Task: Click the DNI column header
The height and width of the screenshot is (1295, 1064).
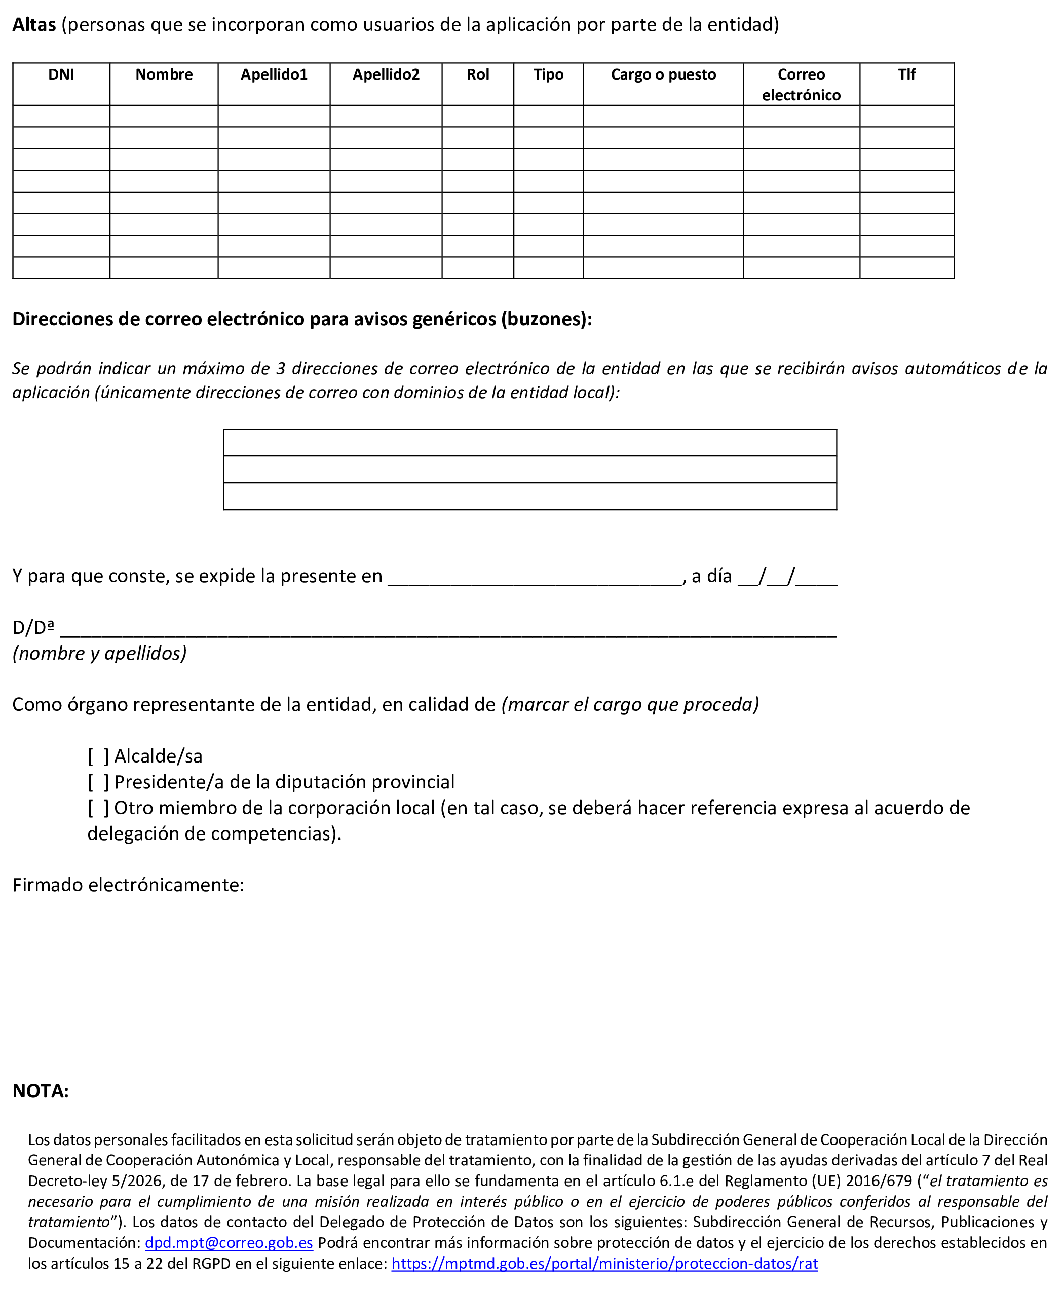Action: pyautogui.click(x=61, y=75)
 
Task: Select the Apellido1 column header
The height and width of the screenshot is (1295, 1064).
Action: pyautogui.click(x=274, y=75)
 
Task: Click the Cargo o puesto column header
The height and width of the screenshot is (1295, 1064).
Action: pyautogui.click(x=663, y=75)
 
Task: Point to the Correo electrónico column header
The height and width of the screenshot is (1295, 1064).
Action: pyautogui.click(x=801, y=85)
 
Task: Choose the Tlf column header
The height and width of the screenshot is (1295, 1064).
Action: pyautogui.click(x=906, y=75)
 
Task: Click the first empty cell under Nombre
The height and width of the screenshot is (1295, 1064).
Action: pyautogui.click(x=164, y=117)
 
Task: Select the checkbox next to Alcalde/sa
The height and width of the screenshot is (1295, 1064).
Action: pyautogui.click(x=98, y=756)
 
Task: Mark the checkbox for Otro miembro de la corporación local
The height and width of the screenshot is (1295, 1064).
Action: pyautogui.click(x=98, y=808)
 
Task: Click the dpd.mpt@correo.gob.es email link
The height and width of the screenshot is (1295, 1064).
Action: pyautogui.click(x=229, y=1242)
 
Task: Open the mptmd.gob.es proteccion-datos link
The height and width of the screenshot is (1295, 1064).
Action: pyautogui.click(x=604, y=1263)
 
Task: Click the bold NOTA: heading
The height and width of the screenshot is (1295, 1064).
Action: pyautogui.click(x=41, y=1091)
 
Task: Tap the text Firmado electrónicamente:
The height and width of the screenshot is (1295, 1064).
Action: pyautogui.click(x=128, y=885)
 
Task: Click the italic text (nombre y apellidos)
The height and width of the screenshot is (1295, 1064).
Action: pyautogui.click(x=99, y=653)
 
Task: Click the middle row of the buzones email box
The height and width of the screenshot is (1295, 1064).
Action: pyautogui.click(x=529, y=470)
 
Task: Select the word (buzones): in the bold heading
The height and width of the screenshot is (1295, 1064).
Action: pyautogui.click(x=546, y=319)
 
